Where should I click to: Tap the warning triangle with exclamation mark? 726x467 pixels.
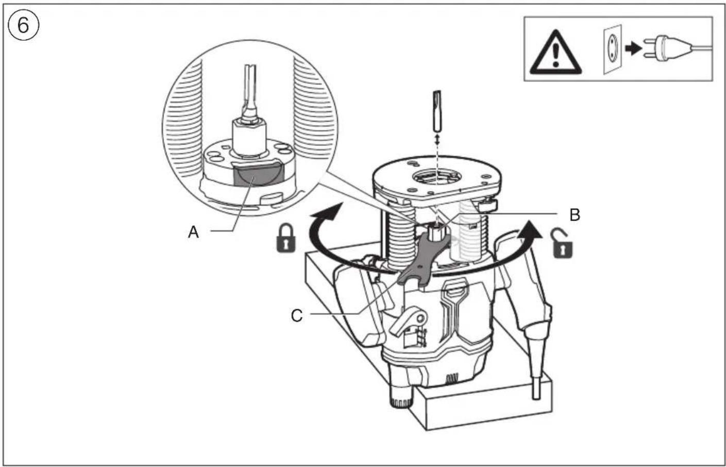[554, 50]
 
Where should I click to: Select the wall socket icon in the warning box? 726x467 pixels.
[612, 49]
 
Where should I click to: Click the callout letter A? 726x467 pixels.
[193, 232]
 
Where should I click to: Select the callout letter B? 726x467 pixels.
[575, 214]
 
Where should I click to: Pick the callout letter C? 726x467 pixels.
[297, 315]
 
